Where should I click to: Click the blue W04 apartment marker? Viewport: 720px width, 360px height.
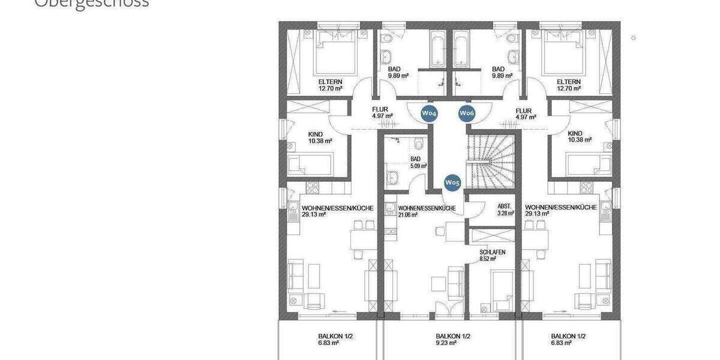coord(428,113)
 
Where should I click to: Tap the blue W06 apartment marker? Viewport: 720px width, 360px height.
coord(467,113)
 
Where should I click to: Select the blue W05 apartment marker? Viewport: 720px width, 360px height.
coord(452,182)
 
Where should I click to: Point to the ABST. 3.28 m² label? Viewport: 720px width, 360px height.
coord(505,209)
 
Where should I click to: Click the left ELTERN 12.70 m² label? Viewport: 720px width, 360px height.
coord(331,85)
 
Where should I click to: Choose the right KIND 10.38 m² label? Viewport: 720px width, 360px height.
coord(579,137)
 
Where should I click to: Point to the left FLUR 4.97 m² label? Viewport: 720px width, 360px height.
coord(382,113)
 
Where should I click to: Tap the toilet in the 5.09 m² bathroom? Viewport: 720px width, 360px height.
coord(418,143)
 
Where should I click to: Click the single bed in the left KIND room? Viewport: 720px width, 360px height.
coord(310,164)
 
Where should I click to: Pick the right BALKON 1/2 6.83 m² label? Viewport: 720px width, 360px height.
coord(568,340)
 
